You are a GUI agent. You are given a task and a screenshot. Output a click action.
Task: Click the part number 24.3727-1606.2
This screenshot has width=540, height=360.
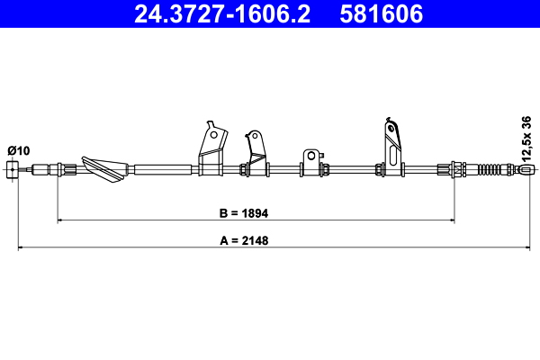pyautogui.click(x=222, y=14)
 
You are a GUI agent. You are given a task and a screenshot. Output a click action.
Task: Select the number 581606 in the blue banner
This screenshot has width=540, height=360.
pyautogui.click(x=382, y=14)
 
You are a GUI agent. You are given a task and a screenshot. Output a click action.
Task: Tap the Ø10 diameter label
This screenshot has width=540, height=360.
pyautogui.click(x=19, y=150)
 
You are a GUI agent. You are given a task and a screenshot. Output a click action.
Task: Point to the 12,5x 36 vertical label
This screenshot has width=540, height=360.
pyautogui.click(x=526, y=139)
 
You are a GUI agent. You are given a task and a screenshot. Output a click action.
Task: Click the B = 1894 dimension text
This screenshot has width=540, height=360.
pyautogui.click(x=244, y=213)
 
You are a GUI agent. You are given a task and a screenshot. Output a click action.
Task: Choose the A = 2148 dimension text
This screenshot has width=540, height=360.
pyautogui.click(x=244, y=240)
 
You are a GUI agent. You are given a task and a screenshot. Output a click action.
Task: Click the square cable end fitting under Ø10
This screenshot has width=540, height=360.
pyautogui.click(x=13, y=169)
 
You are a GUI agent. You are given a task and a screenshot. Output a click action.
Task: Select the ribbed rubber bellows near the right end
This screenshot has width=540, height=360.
pyautogui.click(x=488, y=169)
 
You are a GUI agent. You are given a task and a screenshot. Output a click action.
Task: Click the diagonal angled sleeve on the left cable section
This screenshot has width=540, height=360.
pyautogui.click(x=104, y=169)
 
